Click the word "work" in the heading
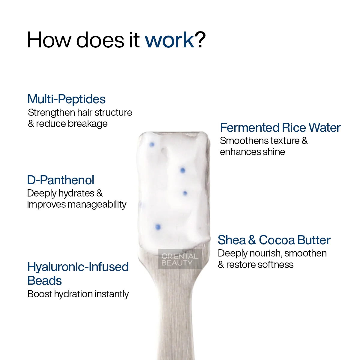(x=170, y=40)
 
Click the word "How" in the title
(x=49, y=40)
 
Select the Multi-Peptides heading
(x=67, y=99)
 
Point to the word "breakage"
(x=88, y=124)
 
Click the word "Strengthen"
(x=52, y=113)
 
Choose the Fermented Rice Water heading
(x=280, y=127)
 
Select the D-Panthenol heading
(x=61, y=180)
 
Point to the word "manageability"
(x=97, y=205)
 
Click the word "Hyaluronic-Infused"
(x=78, y=267)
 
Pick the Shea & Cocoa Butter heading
(x=274, y=240)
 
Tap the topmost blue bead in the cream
(x=152, y=144)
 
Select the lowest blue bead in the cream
(x=158, y=227)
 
